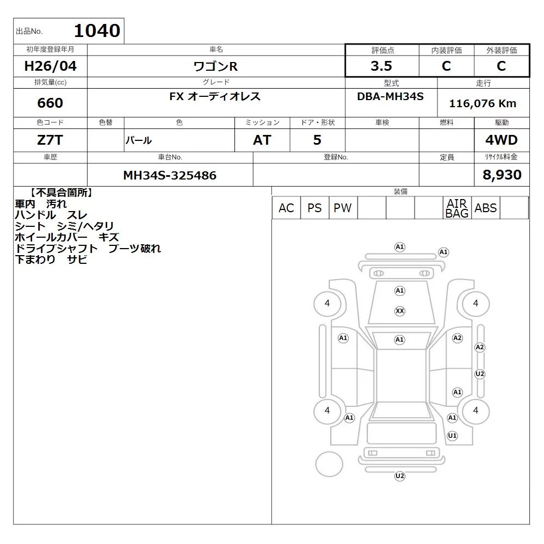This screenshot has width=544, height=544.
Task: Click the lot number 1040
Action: (97, 30)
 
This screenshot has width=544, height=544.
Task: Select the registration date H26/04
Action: (50, 66)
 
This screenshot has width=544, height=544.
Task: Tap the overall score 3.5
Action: (381, 66)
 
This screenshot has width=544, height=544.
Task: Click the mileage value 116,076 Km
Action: (483, 103)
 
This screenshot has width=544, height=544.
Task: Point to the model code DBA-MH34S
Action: (390, 96)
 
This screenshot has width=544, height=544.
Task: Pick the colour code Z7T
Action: (50, 140)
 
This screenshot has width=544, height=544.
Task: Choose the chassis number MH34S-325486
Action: (170, 175)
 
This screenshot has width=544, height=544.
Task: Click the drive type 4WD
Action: (502, 140)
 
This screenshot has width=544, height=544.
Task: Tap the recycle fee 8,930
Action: (502, 175)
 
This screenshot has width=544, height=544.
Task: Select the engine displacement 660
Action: (50, 103)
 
